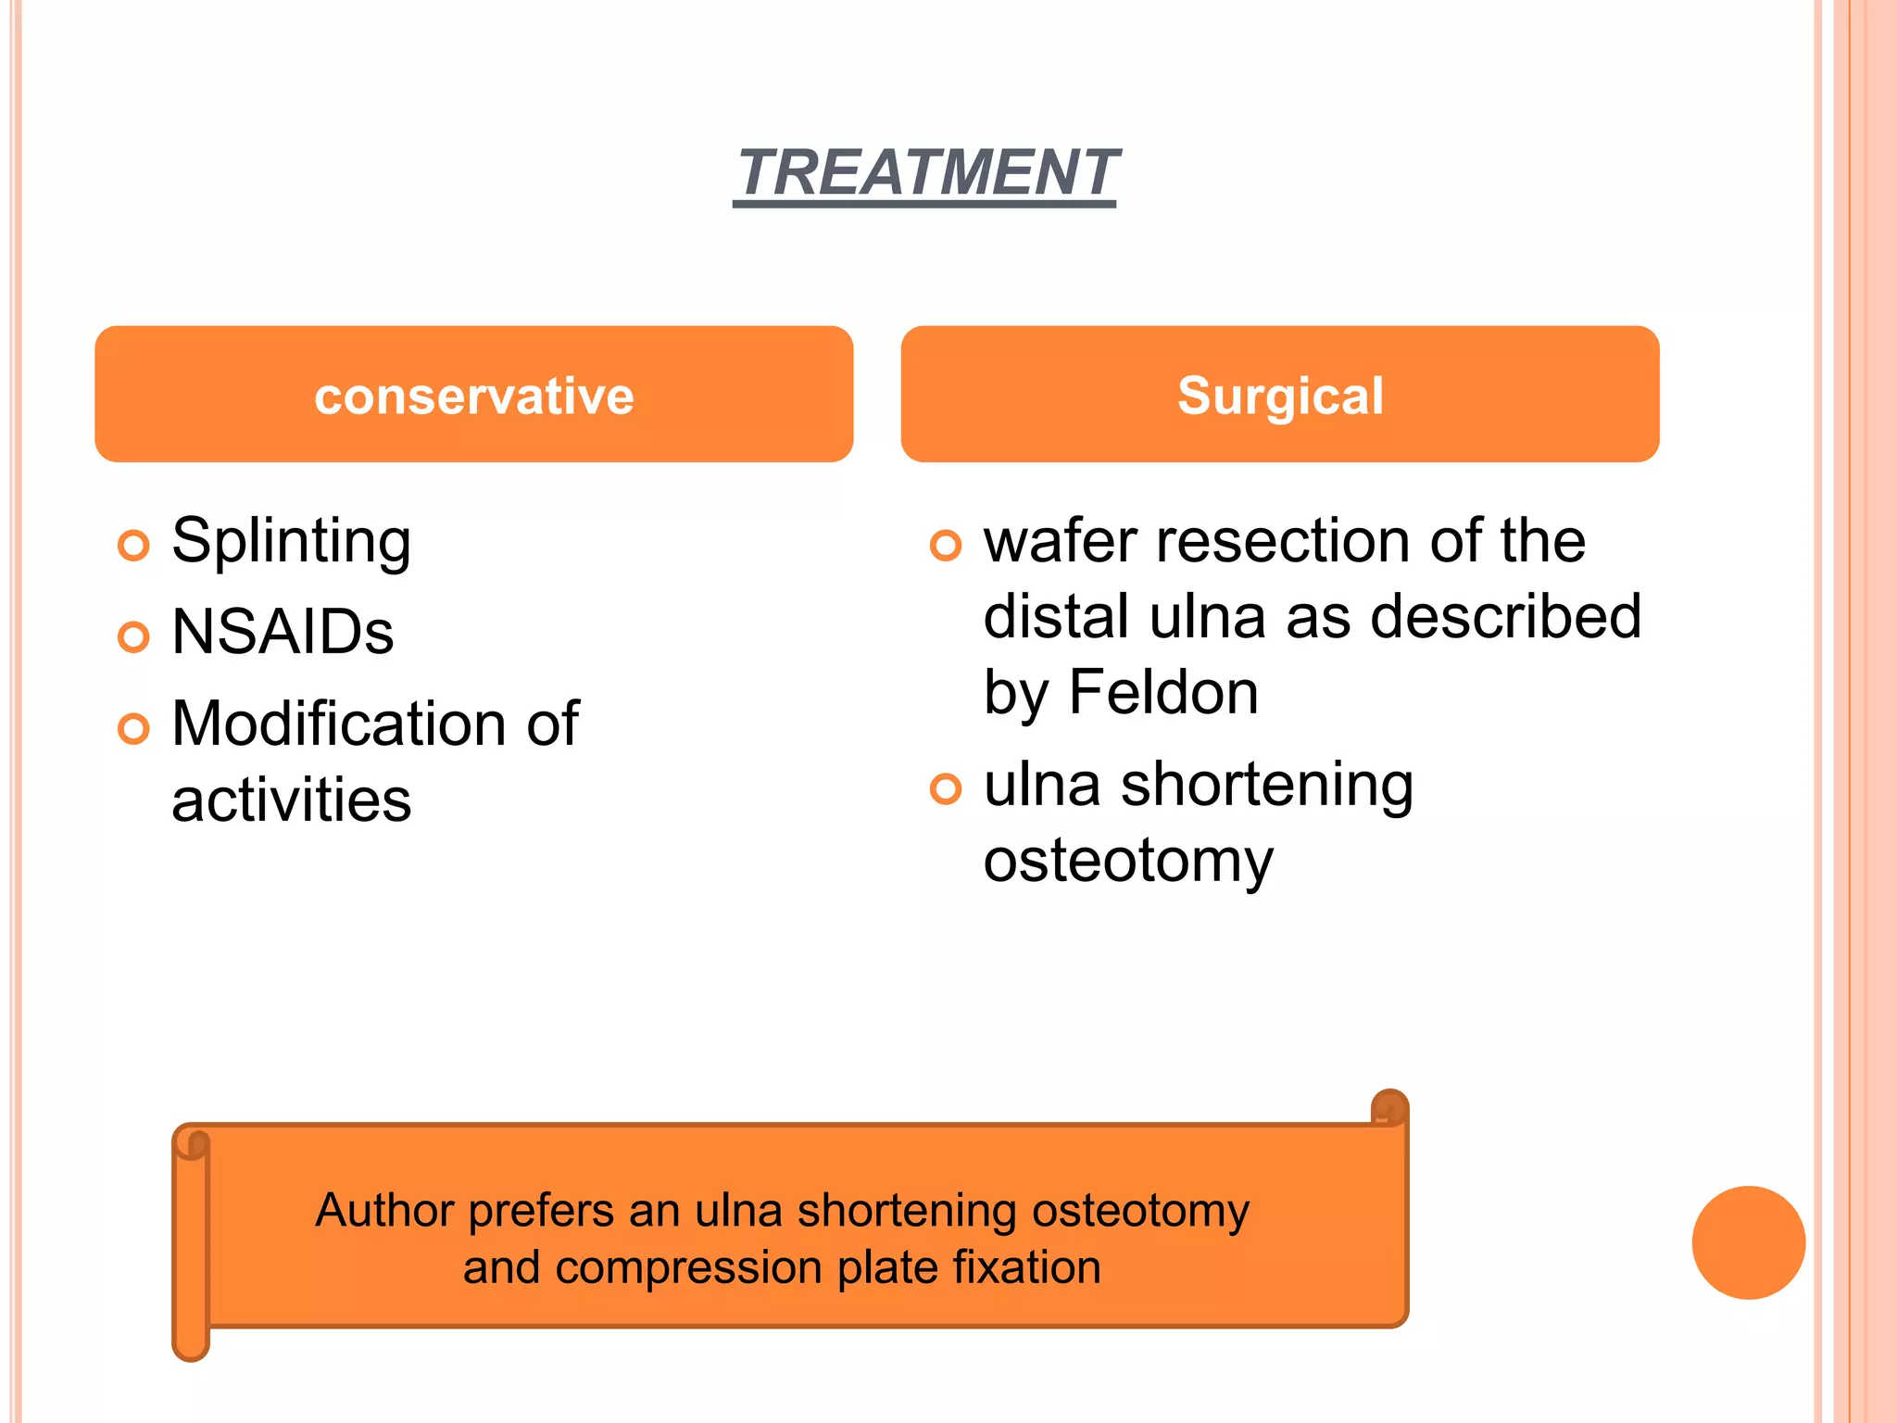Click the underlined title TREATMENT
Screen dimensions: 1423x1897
pos(926,173)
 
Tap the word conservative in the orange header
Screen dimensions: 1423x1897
pos(473,396)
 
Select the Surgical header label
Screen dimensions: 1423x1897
pos(1280,396)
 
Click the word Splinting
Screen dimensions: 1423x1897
pos(291,542)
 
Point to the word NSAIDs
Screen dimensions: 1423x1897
pos(283,633)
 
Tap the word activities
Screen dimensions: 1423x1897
pos(291,800)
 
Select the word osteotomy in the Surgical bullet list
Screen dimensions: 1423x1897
pos(1128,861)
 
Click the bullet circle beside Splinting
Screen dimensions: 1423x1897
pos(133,545)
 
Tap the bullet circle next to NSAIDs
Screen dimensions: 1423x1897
pos(133,636)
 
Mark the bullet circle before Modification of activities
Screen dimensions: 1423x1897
pos(133,728)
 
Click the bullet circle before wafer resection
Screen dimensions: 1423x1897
pos(946,545)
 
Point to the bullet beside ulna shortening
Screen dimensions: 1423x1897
pos(946,788)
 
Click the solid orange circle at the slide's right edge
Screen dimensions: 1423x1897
pos(1748,1242)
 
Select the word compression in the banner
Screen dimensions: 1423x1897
pos(688,1267)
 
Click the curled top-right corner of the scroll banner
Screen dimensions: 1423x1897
pos(1388,1108)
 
